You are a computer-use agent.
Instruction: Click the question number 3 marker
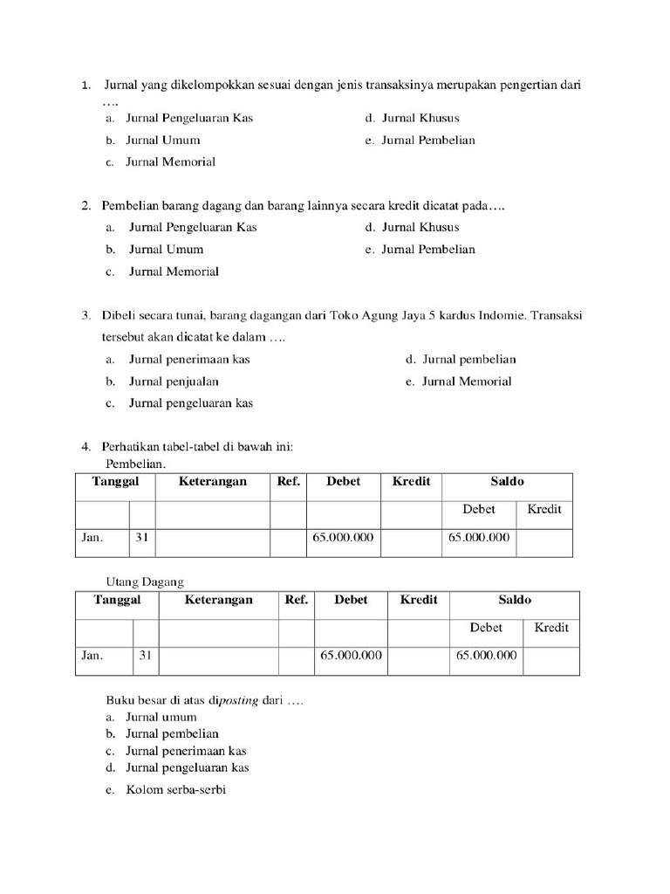[x=86, y=315]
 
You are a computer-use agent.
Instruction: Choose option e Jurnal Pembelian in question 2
[x=420, y=250]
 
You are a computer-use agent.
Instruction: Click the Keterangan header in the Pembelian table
[x=213, y=482]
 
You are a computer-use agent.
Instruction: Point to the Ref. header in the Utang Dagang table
[x=297, y=600]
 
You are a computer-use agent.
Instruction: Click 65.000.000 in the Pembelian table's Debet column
[x=343, y=538]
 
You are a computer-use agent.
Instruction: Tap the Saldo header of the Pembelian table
[x=507, y=482]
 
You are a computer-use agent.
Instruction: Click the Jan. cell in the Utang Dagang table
[x=93, y=656]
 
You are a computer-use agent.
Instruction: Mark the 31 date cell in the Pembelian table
[x=141, y=538]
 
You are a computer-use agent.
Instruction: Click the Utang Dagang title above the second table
[x=145, y=581]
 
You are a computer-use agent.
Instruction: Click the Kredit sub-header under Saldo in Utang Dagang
[x=551, y=628]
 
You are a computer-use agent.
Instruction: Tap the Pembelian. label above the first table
[x=135, y=464]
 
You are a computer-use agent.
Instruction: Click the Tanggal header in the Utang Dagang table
[x=117, y=600]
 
